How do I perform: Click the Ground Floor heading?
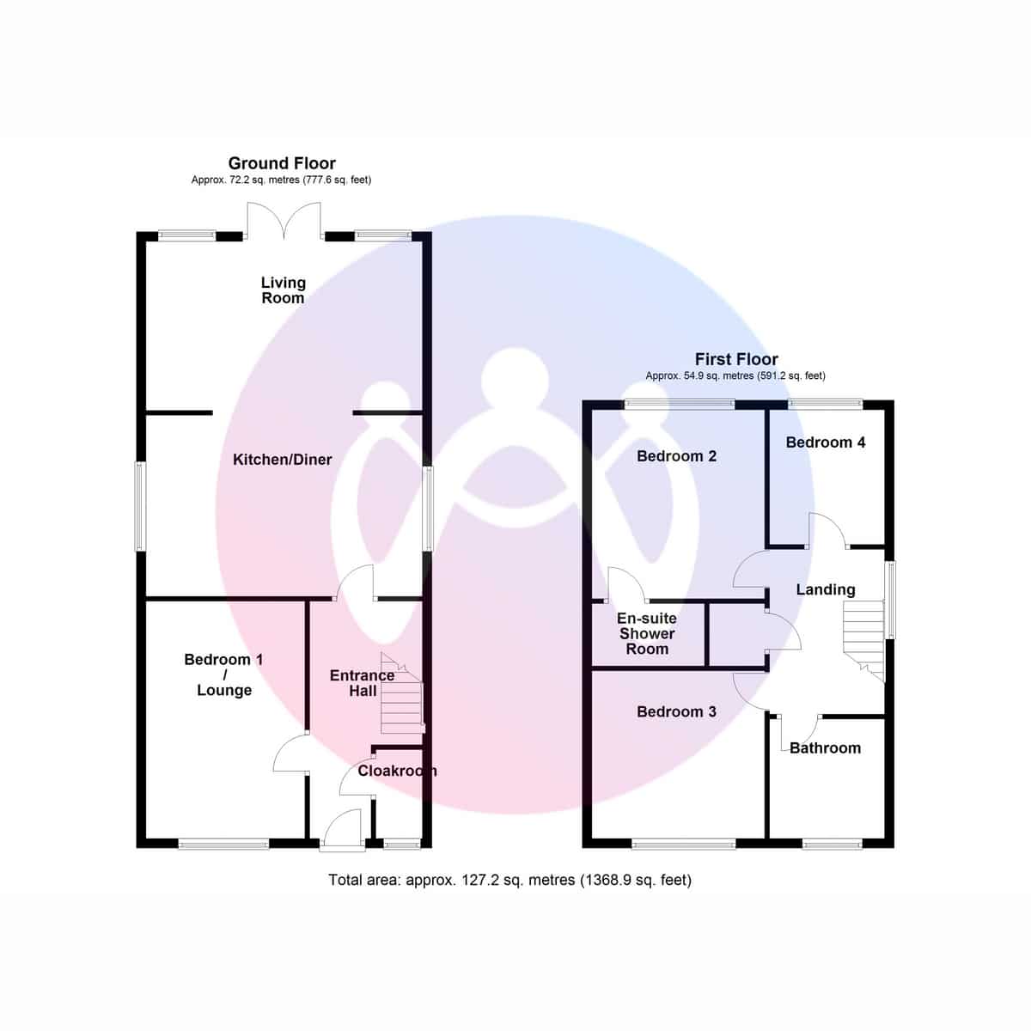(x=282, y=163)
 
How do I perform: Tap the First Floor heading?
(x=736, y=359)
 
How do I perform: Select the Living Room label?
(x=283, y=290)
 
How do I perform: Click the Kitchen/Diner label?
(x=282, y=460)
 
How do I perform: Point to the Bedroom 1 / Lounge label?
(x=223, y=674)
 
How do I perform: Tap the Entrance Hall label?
(x=362, y=683)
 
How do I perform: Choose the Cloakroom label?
(x=396, y=771)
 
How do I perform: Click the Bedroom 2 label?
(x=676, y=456)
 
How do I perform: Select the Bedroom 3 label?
(x=676, y=711)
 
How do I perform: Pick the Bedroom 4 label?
(x=825, y=442)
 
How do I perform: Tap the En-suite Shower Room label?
(x=647, y=634)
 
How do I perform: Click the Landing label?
(x=825, y=589)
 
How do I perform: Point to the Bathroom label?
(x=825, y=747)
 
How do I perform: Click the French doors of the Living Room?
(x=284, y=220)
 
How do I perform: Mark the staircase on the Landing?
(x=864, y=636)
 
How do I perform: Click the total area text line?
(x=509, y=880)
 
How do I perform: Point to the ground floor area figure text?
(x=281, y=180)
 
